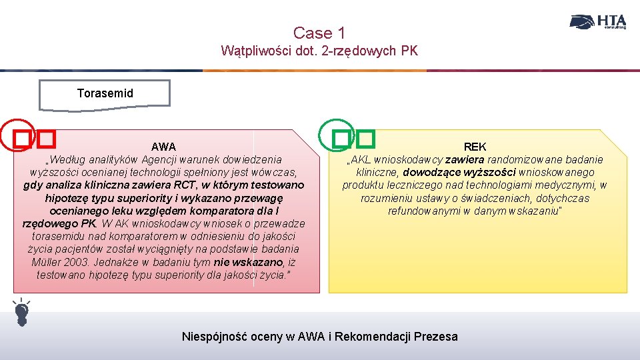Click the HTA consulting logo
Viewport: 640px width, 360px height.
pyautogui.click(x=598, y=22)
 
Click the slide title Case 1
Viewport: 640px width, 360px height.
pyautogui.click(x=319, y=33)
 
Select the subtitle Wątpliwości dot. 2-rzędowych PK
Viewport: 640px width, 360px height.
pyautogui.click(x=319, y=51)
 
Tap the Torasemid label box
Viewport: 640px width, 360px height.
pyautogui.click(x=105, y=93)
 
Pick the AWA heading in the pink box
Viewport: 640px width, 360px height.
pyautogui.click(x=163, y=147)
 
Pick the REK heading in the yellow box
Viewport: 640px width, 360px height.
pyautogui.click(x=475, y=147)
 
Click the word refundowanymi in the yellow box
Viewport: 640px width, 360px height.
pyautogui.click(x=420, y=211)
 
